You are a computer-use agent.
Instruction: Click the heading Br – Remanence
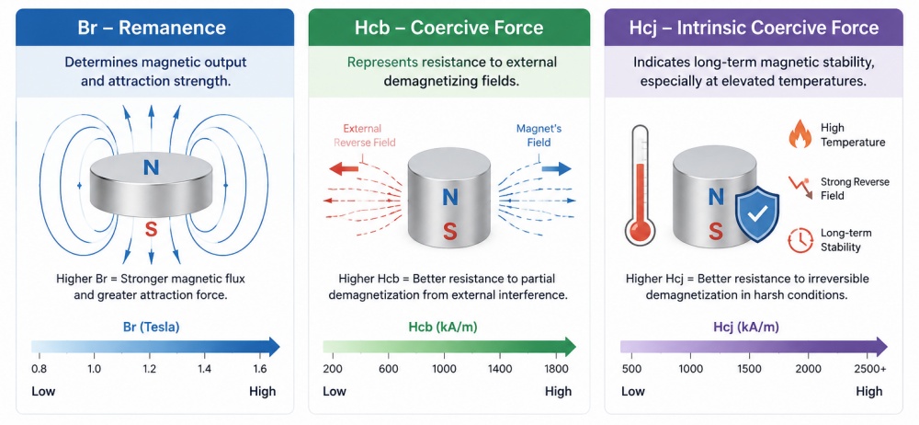pyautogui.click(x=152, y=28)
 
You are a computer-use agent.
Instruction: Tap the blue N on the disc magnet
pyautogui.click(x=152, y=168)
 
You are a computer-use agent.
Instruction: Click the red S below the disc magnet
pyautogui.click(x=152, y=230)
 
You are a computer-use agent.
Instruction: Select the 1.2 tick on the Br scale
pyautogui.click(x=150, y=369)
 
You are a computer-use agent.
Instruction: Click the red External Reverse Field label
pyautogui.click(x=364, y=135)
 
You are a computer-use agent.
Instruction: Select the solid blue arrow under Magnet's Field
pyautogui.click(x=556, y=169)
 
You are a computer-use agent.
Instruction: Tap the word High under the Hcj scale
pyautogui.click(x=868, y=392)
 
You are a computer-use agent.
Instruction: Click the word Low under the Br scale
pyautogui.click(x=43, y=392)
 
